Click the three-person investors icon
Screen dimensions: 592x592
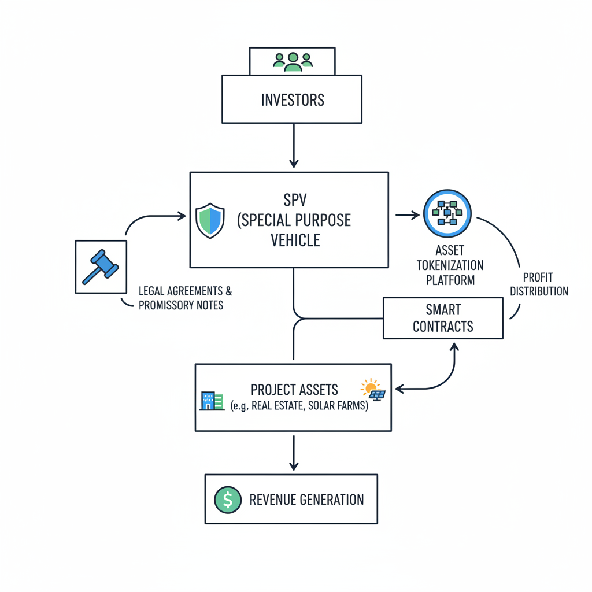click(x=293, y=61)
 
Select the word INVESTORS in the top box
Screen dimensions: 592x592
click(x=293, y=100)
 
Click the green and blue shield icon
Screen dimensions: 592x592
click(x=210, y=220)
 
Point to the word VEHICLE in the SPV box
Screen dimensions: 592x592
click(x=295, y=239)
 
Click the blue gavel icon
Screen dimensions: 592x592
click(x=101, y=267)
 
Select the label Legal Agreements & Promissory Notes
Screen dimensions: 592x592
click(x=184, y=298)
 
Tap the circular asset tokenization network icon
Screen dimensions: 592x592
click(x=447, y=214)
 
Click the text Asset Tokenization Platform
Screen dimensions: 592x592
click(x=450, y=265)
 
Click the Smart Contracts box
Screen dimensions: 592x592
click(x=443, y=318)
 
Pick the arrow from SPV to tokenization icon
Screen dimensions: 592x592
click(x=408, y=215)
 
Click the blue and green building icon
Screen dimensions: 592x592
click(x=212, y=401)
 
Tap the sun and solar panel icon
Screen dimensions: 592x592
click(x=373, y=390)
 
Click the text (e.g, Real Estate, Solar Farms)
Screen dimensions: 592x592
click(x=299, y=406)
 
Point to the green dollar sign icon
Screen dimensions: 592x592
click(x=228, y=499)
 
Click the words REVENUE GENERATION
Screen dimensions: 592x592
click(x=306, y=499)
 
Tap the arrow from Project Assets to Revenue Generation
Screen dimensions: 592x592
click(x=294, y=453)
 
